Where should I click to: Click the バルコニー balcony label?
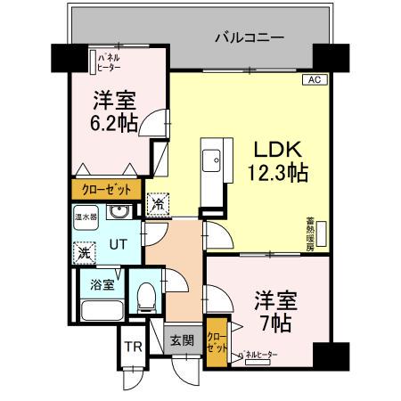[x=250, y=38]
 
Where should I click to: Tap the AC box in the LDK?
[x=313, y=79]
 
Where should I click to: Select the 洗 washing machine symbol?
[x=85, y=252]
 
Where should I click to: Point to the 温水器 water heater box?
[x=86, y=215]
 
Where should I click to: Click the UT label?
[x=118, y=241]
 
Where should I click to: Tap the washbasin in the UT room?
[x=119, y=213]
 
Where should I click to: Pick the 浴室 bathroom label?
[x=102, y=285]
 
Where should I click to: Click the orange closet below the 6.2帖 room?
[x=106, y=189]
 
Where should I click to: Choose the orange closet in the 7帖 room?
[x=215, y=342]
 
